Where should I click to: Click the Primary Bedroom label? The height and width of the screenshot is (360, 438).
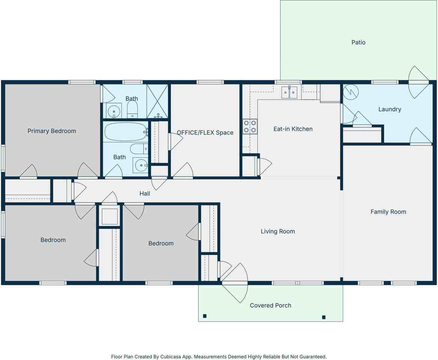tap(52, 131)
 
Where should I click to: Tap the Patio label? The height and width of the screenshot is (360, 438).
tap(358, 42)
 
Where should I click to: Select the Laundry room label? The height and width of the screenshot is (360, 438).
tap(390, 109)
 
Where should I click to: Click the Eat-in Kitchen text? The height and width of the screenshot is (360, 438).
tap(293, 129)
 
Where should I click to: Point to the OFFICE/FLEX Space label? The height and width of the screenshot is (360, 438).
tap(205, 133)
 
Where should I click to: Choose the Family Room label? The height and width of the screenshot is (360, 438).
tap(388, 212)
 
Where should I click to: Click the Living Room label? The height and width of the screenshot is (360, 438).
tap(278, 231)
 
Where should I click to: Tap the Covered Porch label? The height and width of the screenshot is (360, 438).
tap(270, 305)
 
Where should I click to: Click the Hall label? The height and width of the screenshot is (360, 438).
tap(145, 193)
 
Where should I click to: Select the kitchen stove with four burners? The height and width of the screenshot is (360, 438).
tap(250, 126)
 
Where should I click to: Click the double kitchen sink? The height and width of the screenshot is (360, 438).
tap(289, 92)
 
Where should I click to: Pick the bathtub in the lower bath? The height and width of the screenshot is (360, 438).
tap(126, 132)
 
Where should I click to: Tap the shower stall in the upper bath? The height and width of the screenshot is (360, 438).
tap(157, 101)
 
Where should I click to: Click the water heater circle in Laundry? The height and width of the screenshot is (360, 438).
tap(352, 91)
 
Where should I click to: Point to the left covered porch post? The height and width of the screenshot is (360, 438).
tap(205, 316)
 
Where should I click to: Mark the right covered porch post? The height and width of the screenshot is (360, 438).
tap(324, 317)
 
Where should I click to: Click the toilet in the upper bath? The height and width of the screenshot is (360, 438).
tap(132, 109)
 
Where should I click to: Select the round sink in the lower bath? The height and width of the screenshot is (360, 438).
tap(141, 165)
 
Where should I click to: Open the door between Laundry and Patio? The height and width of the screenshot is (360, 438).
tap(418, 82)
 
